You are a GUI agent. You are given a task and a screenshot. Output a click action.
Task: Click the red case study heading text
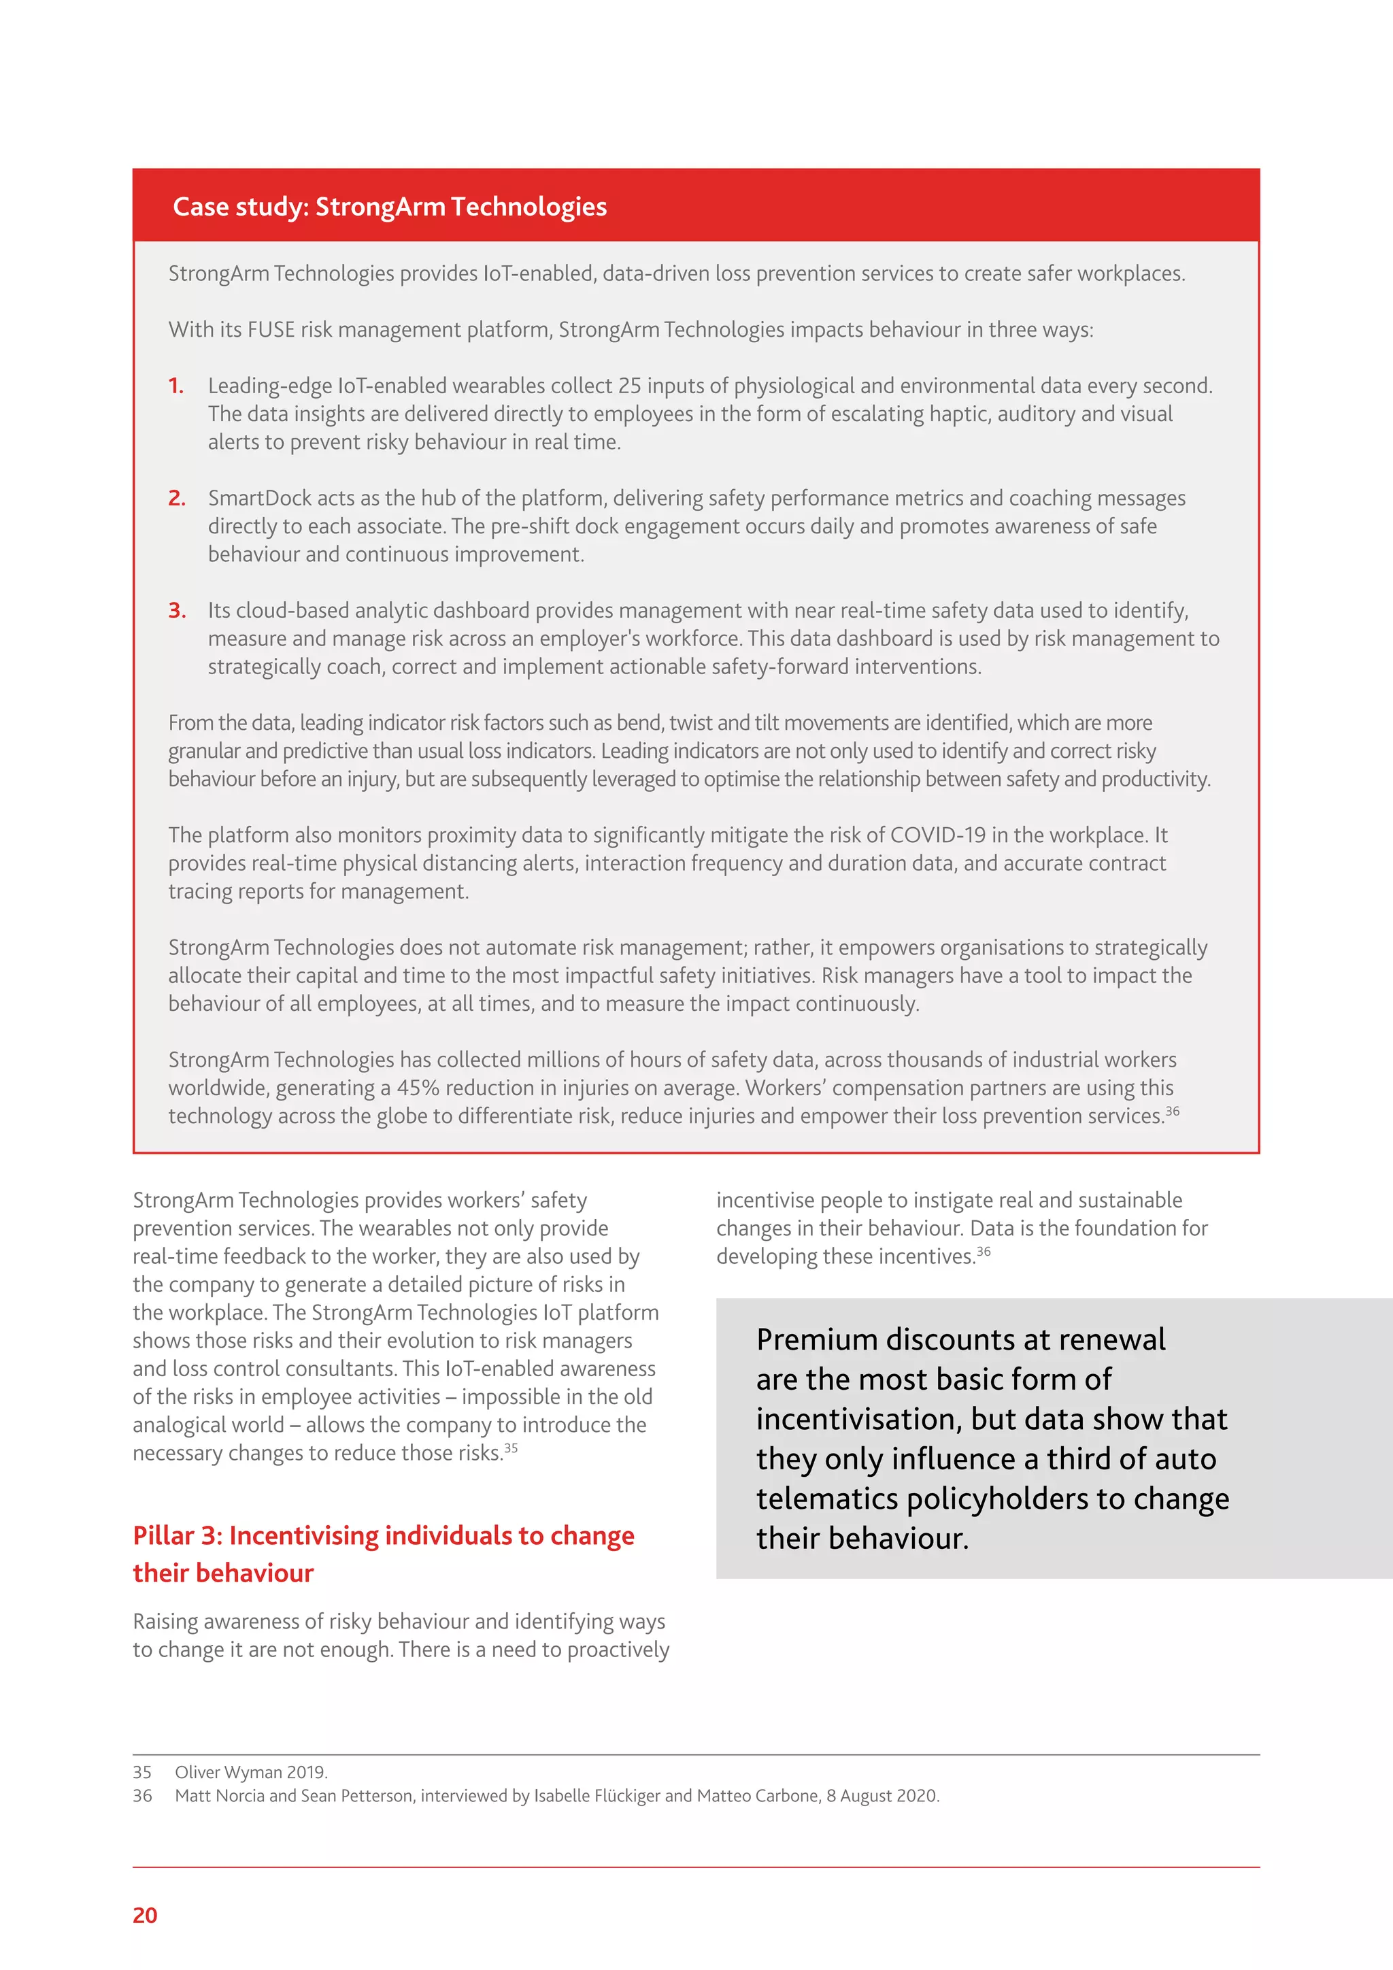click(x=390, y=207)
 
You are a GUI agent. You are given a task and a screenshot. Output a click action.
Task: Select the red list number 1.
click(x=176, y=386)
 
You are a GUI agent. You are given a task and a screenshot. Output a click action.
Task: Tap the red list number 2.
click(x=177, y=499)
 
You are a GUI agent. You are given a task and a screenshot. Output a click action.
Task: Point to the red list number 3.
click(x=177, y=611)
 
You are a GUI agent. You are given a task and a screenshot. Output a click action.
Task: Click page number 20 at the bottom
click(x=145, y=1915)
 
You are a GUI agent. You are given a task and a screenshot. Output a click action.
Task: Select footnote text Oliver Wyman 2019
click(x=250, y=1772)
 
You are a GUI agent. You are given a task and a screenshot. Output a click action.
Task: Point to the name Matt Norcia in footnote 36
click(x=219, y=1796)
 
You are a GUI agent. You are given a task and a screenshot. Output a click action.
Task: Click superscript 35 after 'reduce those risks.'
click(x=511, y=1448)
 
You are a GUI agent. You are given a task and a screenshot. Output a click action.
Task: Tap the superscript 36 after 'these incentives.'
click(x=984, y=1251)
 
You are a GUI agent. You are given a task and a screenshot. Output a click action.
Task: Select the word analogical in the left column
click(x=207, y=1425)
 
